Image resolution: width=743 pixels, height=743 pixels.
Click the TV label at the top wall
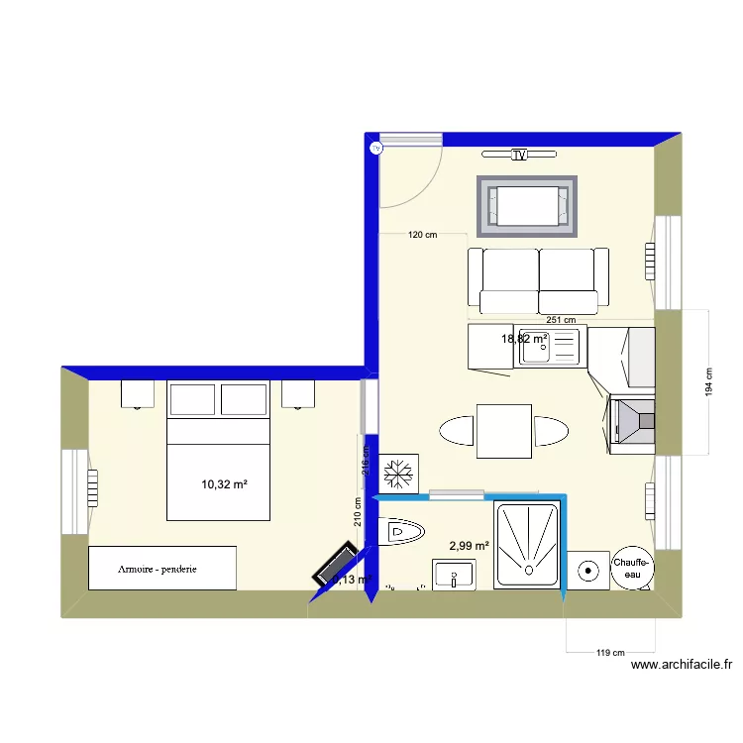point(519,155)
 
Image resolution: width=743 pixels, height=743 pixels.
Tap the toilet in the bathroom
point(400,531)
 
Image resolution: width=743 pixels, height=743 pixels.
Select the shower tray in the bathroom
point(526,545)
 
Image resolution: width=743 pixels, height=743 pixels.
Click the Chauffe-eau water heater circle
point(631,568)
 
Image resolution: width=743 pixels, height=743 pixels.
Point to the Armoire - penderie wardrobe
point(162,568)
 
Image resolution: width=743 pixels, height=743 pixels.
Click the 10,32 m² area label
point(224,484)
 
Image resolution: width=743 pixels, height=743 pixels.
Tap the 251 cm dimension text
point(561,320)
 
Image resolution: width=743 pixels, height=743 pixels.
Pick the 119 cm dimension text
point(611,653)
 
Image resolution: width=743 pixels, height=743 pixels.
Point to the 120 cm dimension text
point(422,235)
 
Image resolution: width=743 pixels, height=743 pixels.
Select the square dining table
point(504,431)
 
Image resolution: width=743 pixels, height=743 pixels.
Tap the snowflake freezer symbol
point(399,472)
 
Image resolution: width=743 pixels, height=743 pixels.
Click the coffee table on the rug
point(526,206)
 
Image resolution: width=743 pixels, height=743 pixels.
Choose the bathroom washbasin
point(454,575)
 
